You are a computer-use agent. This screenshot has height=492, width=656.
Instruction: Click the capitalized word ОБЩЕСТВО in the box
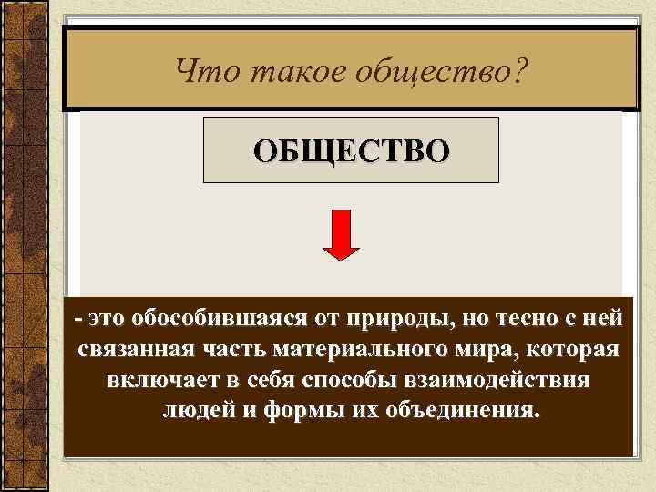coord(351,150)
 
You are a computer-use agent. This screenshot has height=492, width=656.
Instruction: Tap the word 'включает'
coord(148,379)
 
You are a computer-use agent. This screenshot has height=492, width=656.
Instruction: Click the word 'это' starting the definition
coord(104,319)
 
